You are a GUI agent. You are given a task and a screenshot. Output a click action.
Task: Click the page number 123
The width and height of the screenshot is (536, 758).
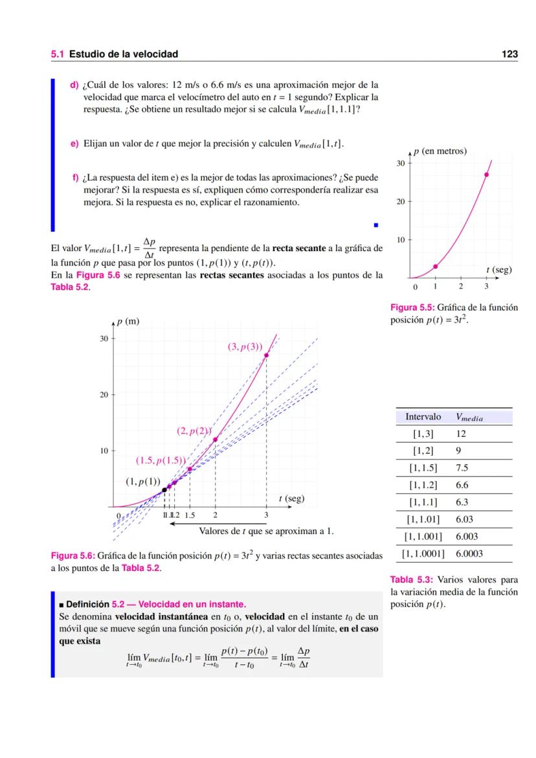point(509,54)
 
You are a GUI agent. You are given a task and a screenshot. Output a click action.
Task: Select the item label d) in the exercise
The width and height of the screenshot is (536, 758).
point(74,84)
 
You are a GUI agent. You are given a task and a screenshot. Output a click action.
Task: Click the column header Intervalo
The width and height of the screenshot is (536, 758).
point(423,417)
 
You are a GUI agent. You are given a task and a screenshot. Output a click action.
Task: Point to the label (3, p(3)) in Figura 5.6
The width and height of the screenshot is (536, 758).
point(245,346)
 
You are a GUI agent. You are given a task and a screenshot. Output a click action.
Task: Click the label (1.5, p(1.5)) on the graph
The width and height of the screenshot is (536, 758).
point(161,461)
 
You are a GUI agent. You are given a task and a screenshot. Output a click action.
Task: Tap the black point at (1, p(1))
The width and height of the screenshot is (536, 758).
point(164,490)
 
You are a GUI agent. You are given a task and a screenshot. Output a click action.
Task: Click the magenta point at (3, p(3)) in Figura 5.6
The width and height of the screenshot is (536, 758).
point(266,355)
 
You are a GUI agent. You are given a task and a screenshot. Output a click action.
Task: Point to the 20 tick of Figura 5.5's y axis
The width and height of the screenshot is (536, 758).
point(401,202)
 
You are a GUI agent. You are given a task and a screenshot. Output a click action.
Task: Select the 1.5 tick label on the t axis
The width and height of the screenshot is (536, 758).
point(190,515)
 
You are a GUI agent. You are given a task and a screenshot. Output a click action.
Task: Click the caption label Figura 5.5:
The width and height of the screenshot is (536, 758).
point(412,307)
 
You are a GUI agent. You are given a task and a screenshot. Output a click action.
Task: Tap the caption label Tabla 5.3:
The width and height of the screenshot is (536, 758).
point(410,579)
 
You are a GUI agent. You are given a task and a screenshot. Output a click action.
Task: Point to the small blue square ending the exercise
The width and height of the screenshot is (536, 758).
point(375,226)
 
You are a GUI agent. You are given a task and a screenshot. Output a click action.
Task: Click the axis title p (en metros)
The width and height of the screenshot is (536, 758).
point(444,151)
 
